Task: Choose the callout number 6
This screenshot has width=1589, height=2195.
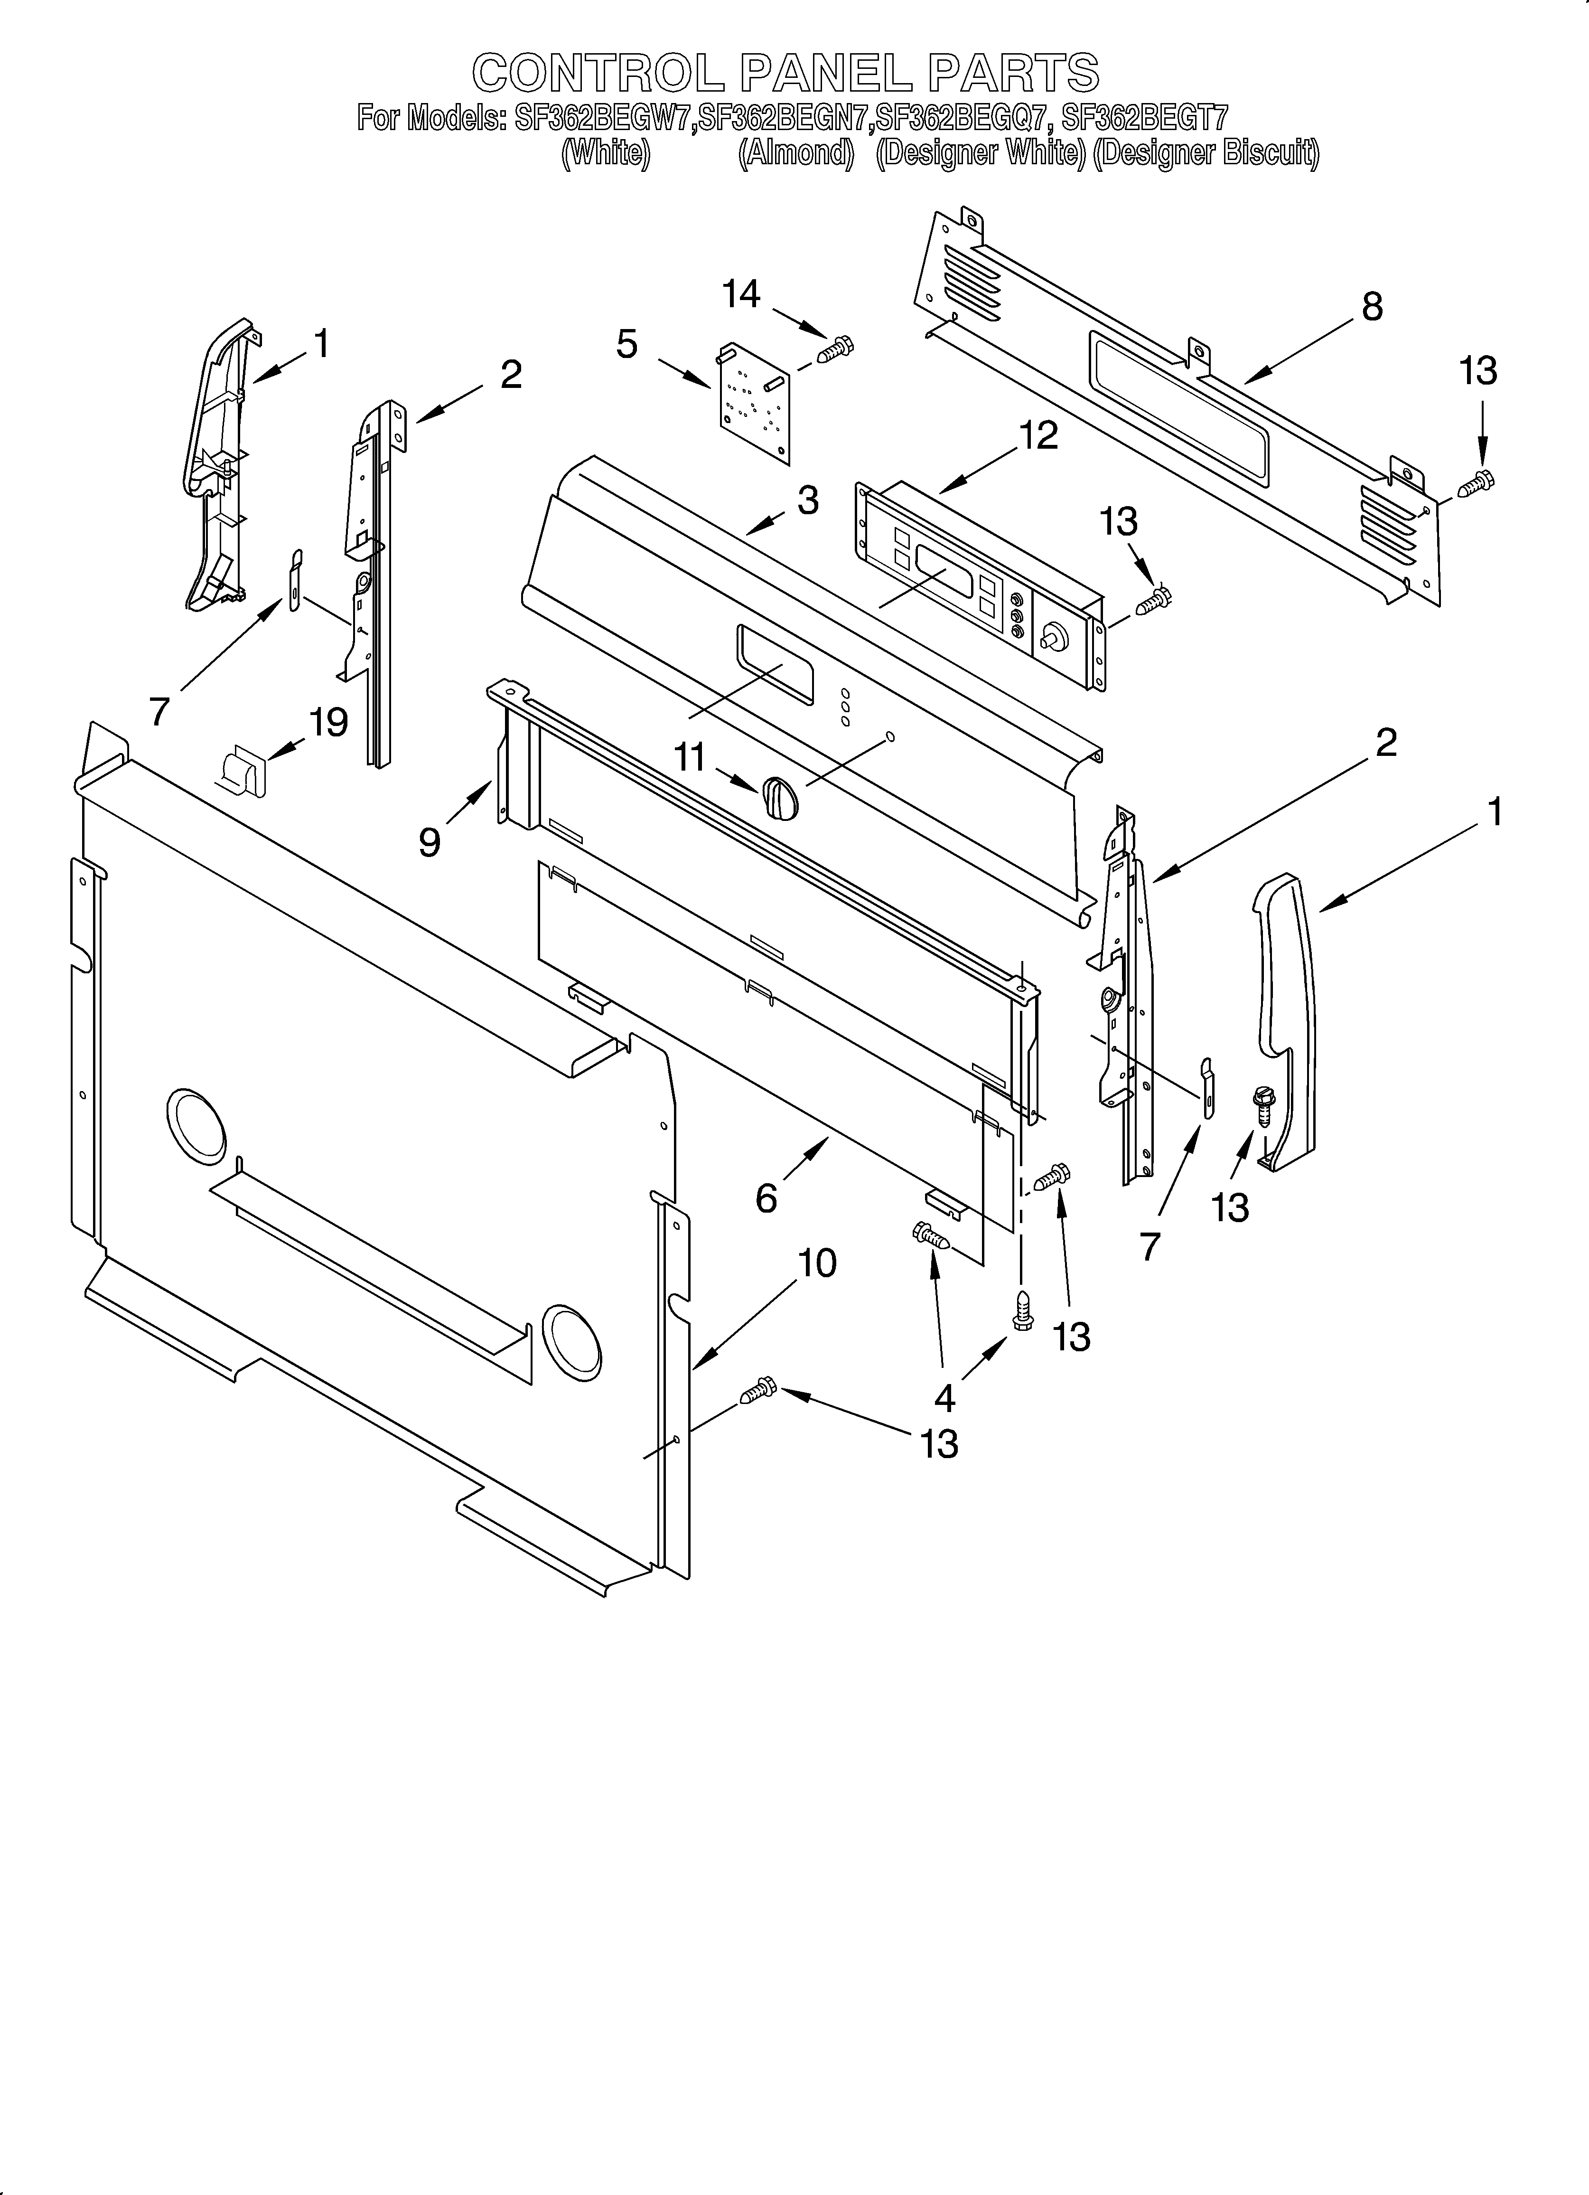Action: (x=766, y=1199)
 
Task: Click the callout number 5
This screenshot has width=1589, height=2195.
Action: (x=627, y=344)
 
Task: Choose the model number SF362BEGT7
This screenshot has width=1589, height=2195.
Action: (x=1145, y=119)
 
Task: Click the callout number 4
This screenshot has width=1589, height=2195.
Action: (x=944, y=1396)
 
